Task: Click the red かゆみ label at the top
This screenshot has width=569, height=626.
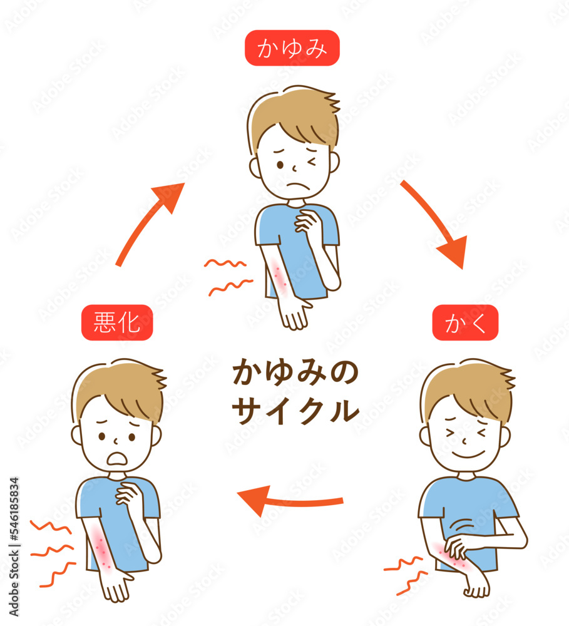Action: point(292,48)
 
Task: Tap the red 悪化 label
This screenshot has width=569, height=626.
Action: point(117,322)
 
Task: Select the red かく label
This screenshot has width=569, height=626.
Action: point(465,322)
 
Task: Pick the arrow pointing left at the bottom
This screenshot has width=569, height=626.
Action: point(289,501)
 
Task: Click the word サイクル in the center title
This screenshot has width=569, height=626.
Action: point(295,411)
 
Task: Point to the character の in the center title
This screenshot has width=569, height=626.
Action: point(344,372)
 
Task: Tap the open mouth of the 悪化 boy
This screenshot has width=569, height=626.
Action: point(118,458)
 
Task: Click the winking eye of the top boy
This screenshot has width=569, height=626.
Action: point(311,162)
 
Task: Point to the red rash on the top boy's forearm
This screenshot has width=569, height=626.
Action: point(280,276)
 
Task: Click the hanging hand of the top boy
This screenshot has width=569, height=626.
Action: point(295,314)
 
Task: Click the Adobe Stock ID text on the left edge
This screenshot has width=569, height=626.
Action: point(14,547)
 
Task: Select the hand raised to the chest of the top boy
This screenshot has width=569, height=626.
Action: point(306,221)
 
